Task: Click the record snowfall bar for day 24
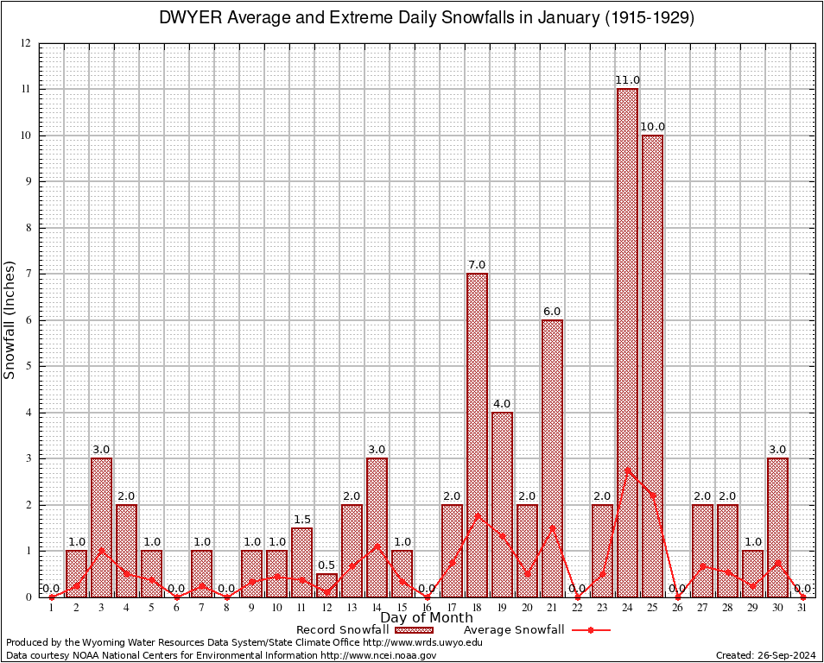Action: point(627,345)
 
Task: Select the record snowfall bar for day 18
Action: point(477,436)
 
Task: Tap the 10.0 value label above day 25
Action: point(653,127)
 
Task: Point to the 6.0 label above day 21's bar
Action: point(552,312)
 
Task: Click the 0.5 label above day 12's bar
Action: point(326,565)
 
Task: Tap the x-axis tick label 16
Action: point(427,608)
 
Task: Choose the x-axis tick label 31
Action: point(802,608)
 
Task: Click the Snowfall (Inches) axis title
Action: point(10,320)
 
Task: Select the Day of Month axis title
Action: point(427,618)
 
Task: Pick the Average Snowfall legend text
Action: point(514,630)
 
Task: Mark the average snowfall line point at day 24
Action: point(627,470)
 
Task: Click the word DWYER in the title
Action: point(192,18)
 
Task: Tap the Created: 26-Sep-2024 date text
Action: point(766,656)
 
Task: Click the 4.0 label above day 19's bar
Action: point(502,404)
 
